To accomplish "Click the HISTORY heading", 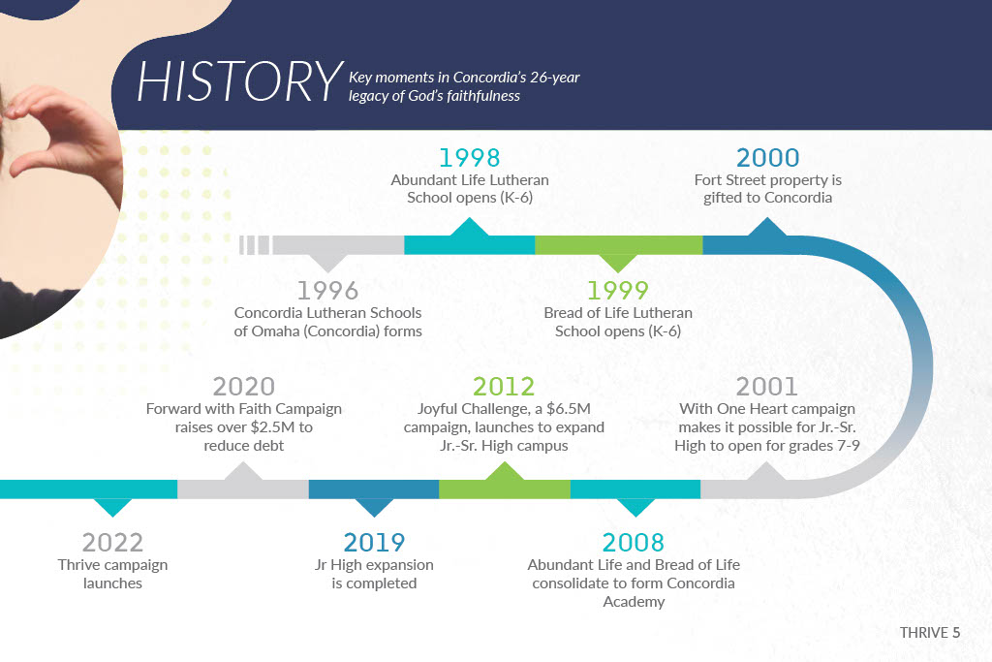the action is [x=240, y=81].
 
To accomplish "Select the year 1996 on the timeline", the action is [x=327, y=291].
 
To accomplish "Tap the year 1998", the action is [x=470, y=158].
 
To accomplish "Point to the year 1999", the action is [x=617, y=291].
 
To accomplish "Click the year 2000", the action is [x=767, y=158].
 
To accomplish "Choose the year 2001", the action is [x=766, y=387].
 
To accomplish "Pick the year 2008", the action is [x=634, y=543].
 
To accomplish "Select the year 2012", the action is [x=504, y=387].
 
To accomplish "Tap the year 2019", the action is [x=374, y=543].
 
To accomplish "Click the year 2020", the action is [x=243, y=387].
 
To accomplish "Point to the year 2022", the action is [x=112, y=543].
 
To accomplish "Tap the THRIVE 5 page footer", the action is [x=930, y=632].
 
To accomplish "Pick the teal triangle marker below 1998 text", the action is [x=470, y=227].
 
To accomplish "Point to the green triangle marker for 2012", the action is [x=504, y=471].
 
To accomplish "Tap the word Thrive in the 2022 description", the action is [x=77, y=564].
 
